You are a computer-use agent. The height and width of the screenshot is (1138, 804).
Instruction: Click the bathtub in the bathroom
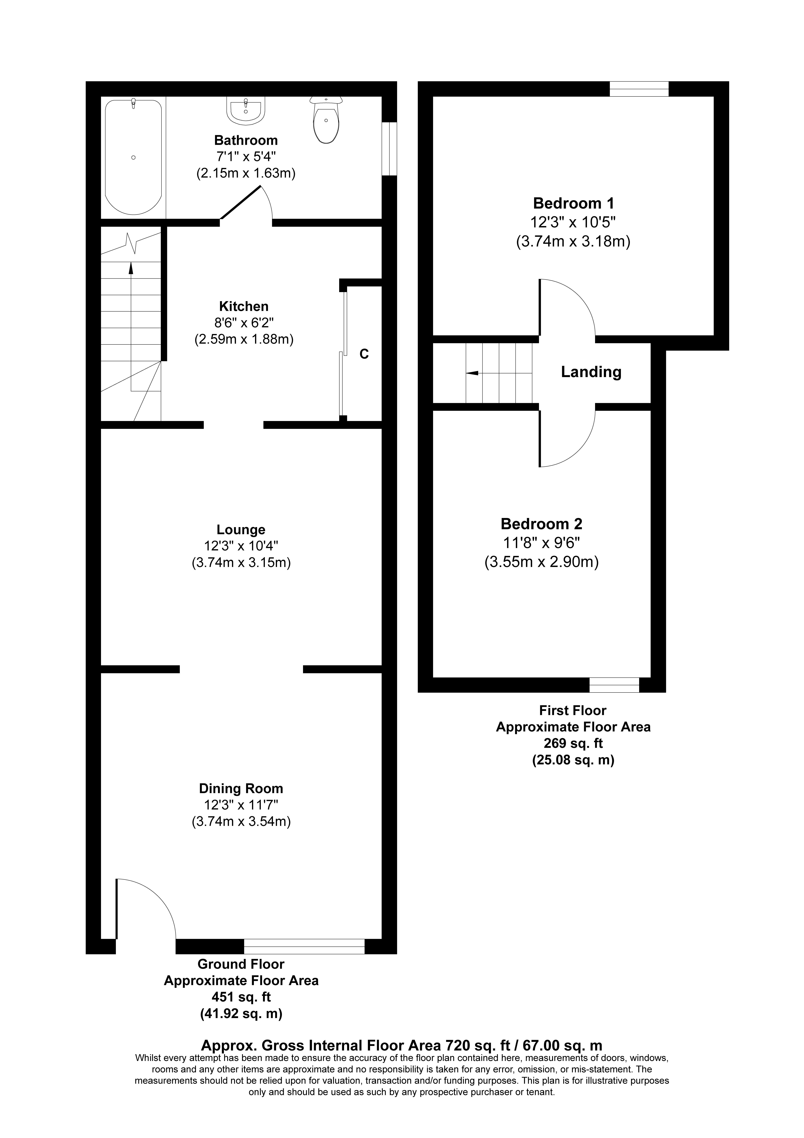pos(133,157)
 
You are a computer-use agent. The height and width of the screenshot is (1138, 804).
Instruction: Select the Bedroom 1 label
pos(573,203)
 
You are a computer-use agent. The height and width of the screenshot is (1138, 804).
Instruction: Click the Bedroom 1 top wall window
pos(639,89)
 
